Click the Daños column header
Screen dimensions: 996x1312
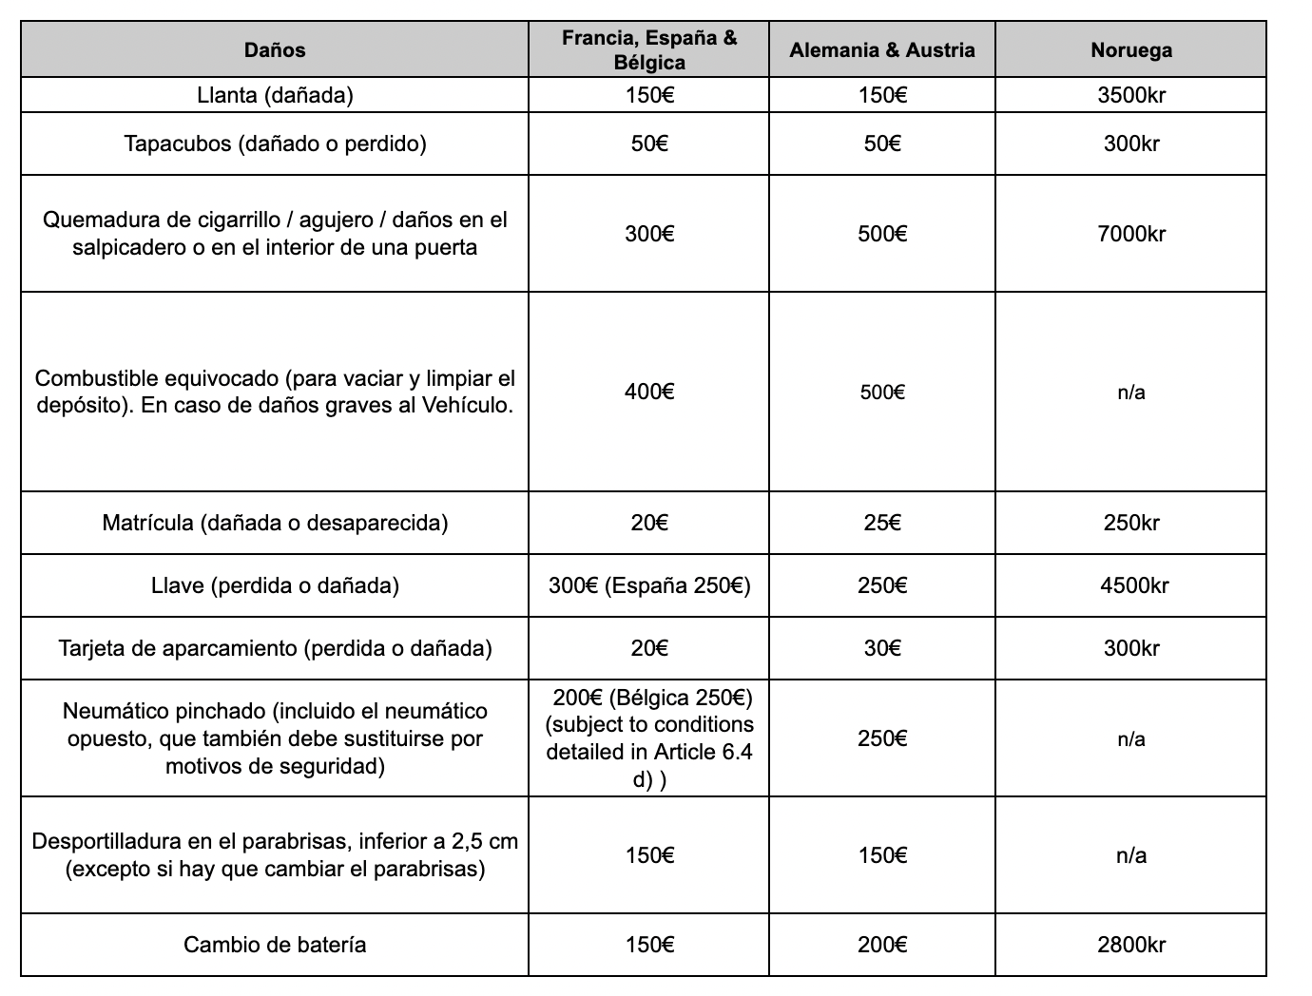click(275, 50)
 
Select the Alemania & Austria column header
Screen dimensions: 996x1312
click(882, 50)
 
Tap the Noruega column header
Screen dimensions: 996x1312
click(1131, 50)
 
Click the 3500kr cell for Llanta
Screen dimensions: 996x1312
click(1131, 95)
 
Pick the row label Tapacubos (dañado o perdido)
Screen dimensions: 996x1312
click(275, 144)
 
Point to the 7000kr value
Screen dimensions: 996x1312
click(1131, 234)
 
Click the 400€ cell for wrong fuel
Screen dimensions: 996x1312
click(649, 392)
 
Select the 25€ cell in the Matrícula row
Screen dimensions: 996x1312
click(882, 523)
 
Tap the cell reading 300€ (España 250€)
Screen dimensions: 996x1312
click(649, 585)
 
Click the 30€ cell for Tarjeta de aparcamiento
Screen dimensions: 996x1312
click(882, 648)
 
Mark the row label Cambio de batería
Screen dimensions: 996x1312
click(275, 945)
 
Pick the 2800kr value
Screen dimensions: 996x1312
click(1131, 945)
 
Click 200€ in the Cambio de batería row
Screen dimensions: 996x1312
click(882, 945)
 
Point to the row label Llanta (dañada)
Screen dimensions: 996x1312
click(275, 95)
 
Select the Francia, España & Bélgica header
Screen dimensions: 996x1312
click(649, 50)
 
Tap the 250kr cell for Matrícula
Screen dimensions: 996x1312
click(1131, 523)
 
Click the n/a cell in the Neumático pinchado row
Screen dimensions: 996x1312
click(1131, 739)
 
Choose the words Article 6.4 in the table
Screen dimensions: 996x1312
click(704, 753)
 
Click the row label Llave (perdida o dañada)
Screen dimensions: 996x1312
click(275, 585)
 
